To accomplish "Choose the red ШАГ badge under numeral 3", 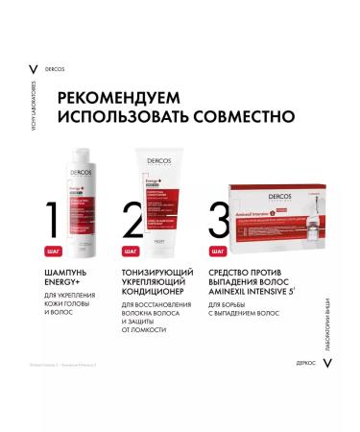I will point(219,251).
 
